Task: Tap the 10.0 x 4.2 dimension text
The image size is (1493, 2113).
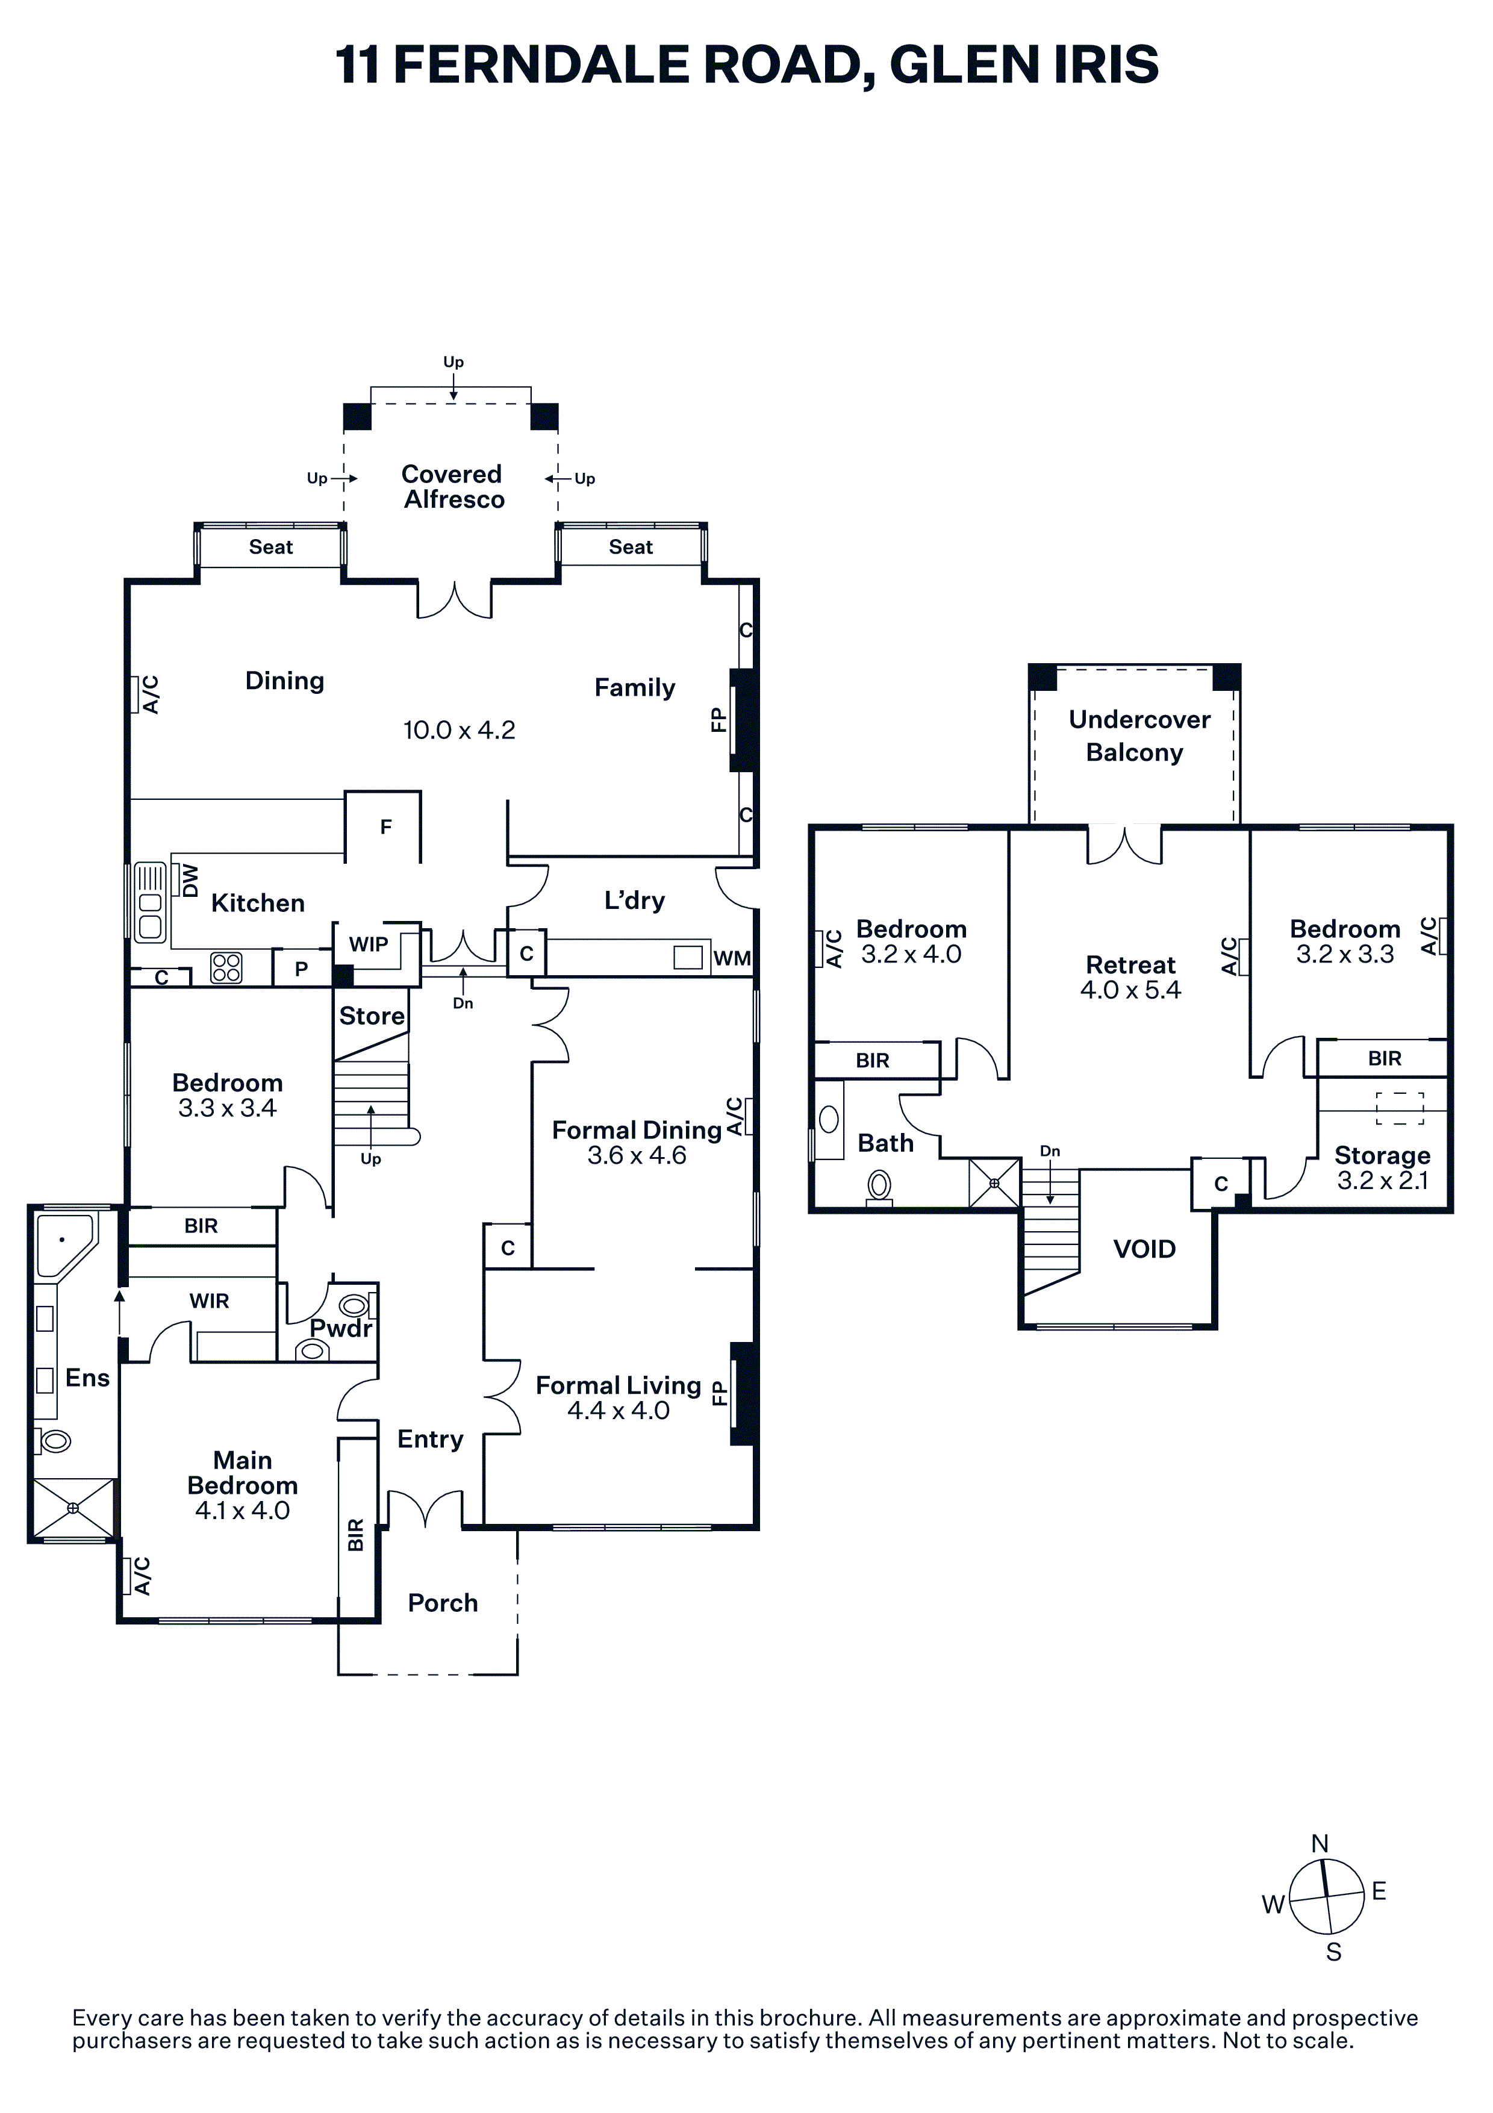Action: (x=459, y=730)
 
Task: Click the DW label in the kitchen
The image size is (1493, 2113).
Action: (x=190, y=881)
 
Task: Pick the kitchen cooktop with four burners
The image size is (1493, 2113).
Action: (x=226, y=967)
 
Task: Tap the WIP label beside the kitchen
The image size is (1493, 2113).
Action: (x=368, y=944)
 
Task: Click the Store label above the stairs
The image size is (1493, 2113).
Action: (x=372, y=1016)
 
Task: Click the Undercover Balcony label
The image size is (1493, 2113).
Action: (x=1139, y=735)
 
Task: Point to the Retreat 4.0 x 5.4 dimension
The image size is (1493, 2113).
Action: (x=1130, y=990)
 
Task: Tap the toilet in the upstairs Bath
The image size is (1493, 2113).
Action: (x=879, y=1186)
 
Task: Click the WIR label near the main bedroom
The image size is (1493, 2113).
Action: (x=209, y=1301)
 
